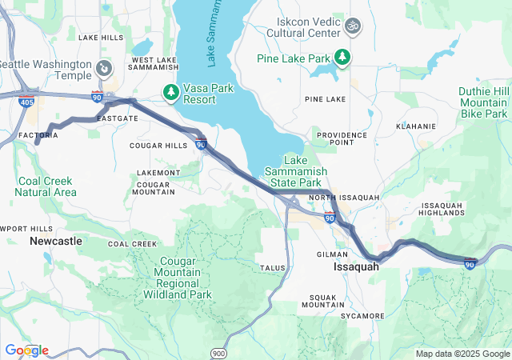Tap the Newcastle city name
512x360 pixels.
(x=55, y=240)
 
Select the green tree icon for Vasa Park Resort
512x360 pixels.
(x=171, y=92)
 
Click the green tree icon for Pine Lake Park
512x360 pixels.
(x=342, y=57)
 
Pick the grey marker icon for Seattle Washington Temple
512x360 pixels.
(x=104, y=68)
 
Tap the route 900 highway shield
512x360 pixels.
(x=219, y=352)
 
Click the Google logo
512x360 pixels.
(x=26, y=350)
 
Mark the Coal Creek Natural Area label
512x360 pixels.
(x=46, y=186)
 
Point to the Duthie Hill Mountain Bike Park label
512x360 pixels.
(x=482, y=103)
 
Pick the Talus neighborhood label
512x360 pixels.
(x=271, y=267)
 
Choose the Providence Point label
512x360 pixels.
(x=342, y=138)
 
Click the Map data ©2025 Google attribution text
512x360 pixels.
(x=462, y=354)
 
